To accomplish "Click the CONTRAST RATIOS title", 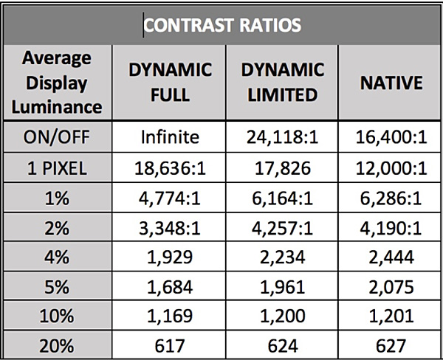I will [221, 25].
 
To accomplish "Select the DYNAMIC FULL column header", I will [171, 83].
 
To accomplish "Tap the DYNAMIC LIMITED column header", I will [283, 83].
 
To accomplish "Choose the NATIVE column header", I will [390, 83].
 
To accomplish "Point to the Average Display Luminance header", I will [57, 83].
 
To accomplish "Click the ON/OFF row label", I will [57, 137].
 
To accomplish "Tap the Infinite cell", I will [171, 137].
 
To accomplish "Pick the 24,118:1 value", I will [283, 137].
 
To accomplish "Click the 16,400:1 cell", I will [390, 137].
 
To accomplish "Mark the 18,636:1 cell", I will [171, 167].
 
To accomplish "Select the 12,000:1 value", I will [390, 167].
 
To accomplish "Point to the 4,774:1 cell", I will [171, 198].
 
